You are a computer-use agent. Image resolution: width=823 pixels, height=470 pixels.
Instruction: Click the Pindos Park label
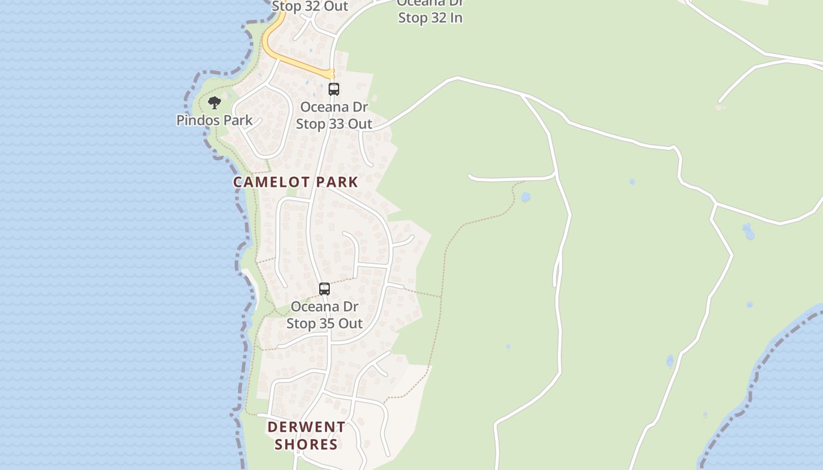(215, 120)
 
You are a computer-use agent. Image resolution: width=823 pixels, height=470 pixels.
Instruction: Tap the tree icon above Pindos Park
(215, 103)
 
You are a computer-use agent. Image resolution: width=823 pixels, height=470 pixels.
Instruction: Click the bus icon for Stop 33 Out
(334, 89)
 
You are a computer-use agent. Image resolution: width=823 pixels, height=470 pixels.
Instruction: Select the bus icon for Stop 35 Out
(324, 289)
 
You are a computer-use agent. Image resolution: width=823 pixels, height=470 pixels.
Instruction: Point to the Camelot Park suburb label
(296, 182)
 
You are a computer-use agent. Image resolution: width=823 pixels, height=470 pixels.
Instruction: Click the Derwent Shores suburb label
(306, 435)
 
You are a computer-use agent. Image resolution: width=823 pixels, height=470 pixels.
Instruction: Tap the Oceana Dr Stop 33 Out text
(334, 116)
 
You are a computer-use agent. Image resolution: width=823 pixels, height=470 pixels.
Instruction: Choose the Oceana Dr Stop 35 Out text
(324, 315)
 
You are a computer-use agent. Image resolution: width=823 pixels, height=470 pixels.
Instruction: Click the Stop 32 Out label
(310, 6)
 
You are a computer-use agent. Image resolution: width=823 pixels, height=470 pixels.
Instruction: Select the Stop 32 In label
(430, 18)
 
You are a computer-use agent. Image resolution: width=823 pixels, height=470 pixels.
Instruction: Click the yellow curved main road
(294, 61)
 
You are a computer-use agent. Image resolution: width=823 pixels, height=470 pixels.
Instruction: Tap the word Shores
(306, 444)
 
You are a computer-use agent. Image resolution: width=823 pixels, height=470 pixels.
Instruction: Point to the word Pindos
(196, 120)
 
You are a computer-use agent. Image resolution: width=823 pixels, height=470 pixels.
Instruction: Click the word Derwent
(306, 427)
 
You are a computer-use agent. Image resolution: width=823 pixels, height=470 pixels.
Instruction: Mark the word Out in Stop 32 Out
(336, 6)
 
